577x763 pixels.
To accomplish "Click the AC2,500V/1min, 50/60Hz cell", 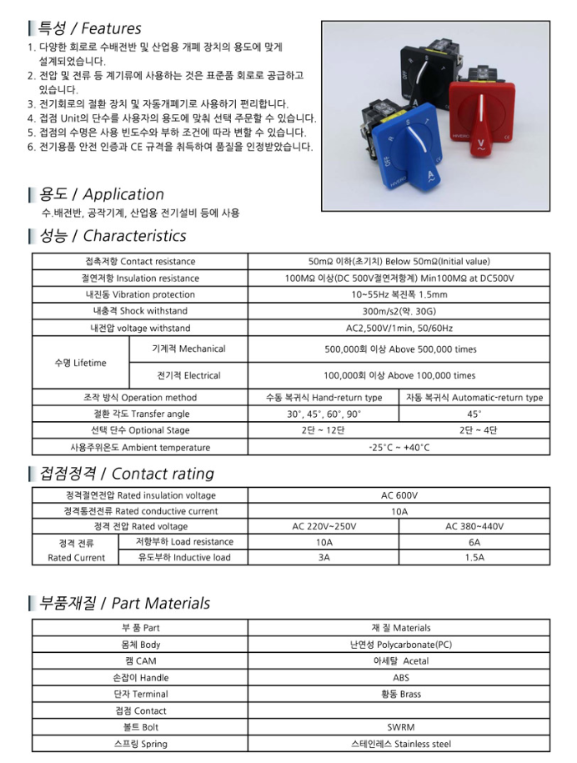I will pyautogui.click(x=399, y=328).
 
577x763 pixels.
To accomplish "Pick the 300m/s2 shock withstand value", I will pyautogui.click(x=399, y=311).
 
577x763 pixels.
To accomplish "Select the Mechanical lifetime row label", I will pyautogui.click(x=188, y=349).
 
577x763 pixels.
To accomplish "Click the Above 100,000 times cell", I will pyautogui.click(x=399, y=375).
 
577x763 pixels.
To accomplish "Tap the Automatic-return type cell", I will pyautogui.click(x=474, y=398).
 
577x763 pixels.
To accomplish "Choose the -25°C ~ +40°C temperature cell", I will pyautogui.click(x=399, y=448).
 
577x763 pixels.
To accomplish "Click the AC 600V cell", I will pyautogui.click(x=399, y=494).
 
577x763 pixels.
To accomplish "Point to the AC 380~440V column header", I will pyautogui.click(x=474, y=526).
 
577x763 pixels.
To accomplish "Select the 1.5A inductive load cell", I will pyautogui.click(x=474, y=557).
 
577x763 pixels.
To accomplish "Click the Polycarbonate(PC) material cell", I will pyautogui.click(x=399, y=645).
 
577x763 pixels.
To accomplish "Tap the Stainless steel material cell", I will pyautogui.click(x=399, y=744).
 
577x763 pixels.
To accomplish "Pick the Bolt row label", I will pyautogui.click(x=140, y=727).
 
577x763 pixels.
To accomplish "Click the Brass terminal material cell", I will pyautogui.click(x=399, y=694).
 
